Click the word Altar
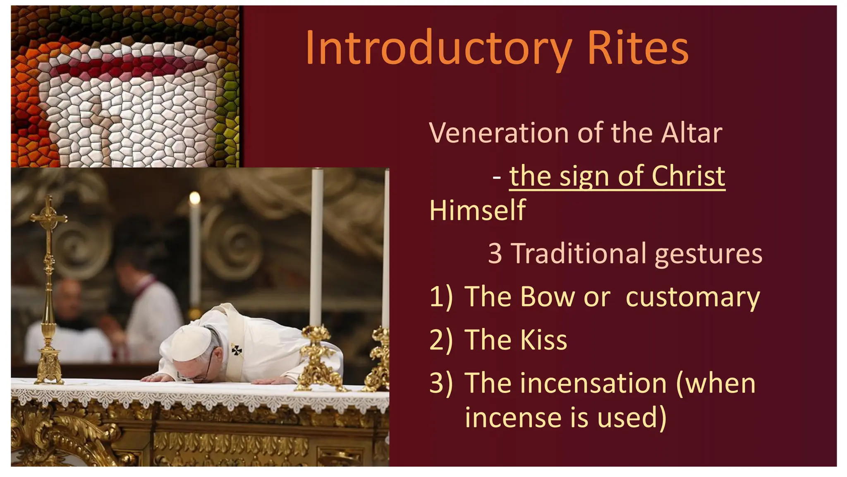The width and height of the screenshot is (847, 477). pos(691,133)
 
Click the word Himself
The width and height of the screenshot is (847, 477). pos(477,210)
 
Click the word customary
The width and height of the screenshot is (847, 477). pos(693,297)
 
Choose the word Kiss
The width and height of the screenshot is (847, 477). pos(543,340)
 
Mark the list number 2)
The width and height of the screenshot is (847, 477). pos(441,340)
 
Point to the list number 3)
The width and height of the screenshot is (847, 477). pos(441,383)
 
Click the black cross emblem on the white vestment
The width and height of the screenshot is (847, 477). pos(237,350)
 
